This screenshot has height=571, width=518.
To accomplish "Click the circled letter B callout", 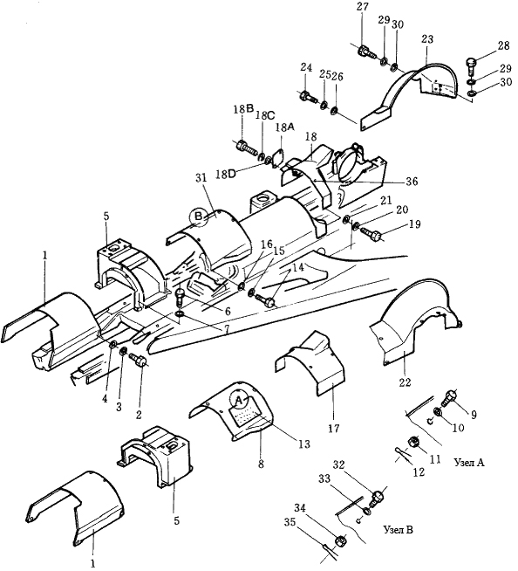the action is coord(199,217).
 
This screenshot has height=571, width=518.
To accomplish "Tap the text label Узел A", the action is coord(470,463).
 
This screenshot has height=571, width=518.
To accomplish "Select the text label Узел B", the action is coord(399,530).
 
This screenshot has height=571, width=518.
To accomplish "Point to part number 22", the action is coord(405,382).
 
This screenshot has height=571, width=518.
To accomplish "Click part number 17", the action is coord(334,428).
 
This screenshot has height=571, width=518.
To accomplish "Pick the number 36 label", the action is coord(412,181).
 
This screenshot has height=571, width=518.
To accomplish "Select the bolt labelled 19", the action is coord(371,233).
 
